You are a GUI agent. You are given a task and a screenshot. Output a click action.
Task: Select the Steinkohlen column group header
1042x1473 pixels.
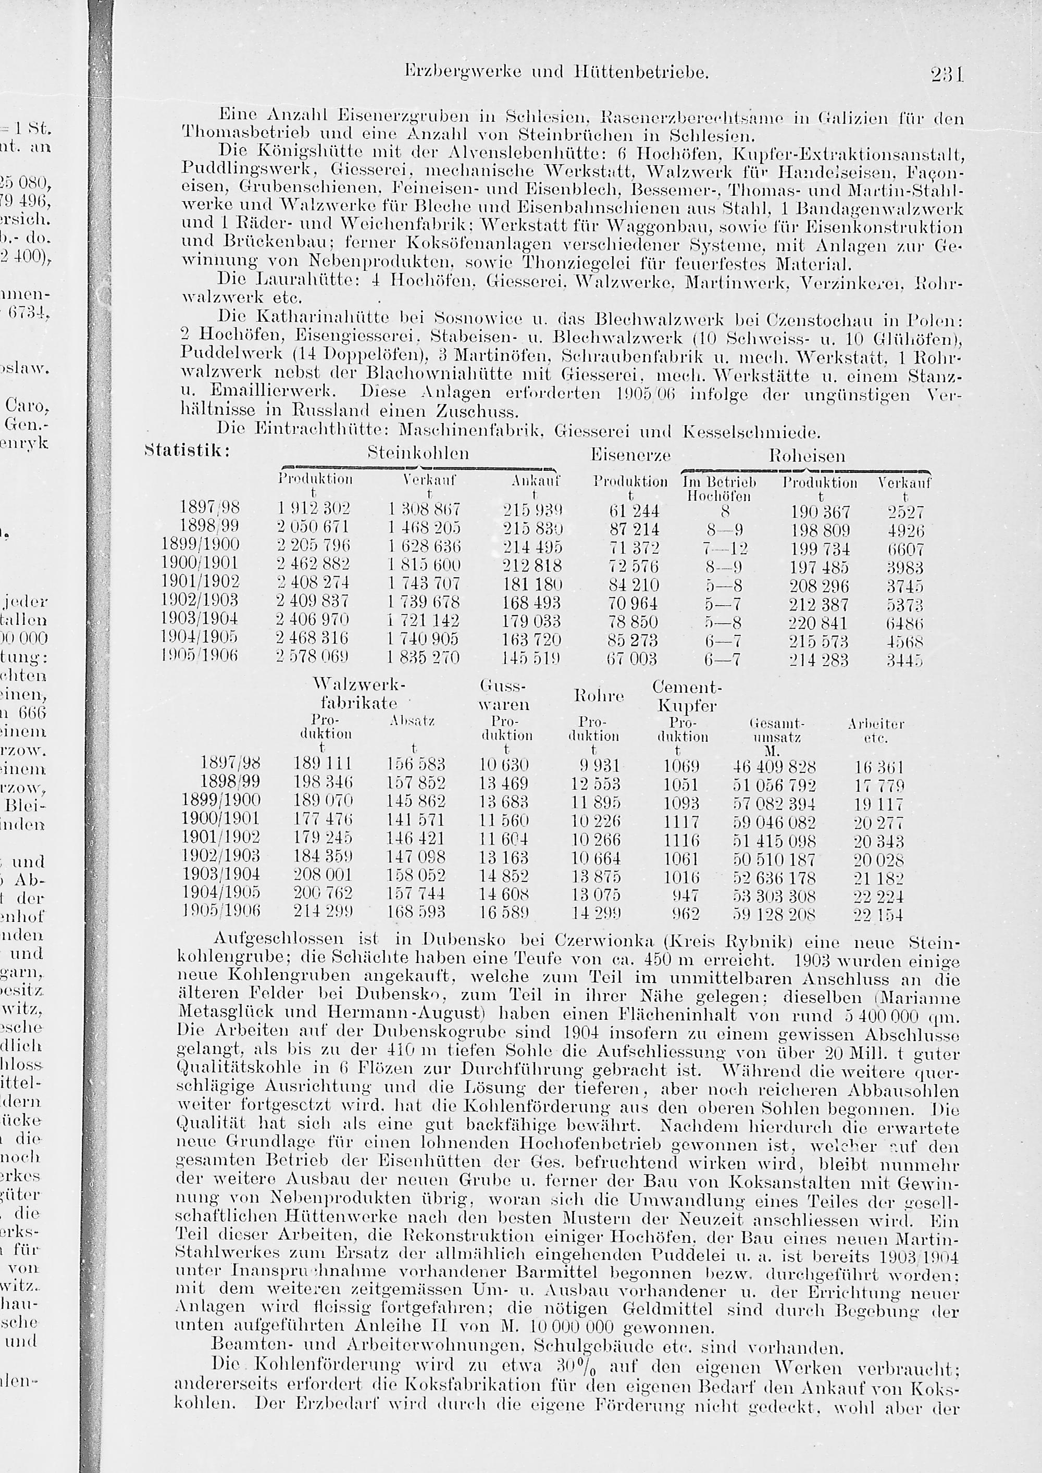[x=418, y=454]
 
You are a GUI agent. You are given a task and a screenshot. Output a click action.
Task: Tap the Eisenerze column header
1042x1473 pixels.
[x=630, y=456]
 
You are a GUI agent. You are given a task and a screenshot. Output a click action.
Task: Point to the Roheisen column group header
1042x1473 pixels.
[x=807, y=456]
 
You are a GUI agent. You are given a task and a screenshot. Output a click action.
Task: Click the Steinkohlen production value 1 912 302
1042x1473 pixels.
[x=314, y=510]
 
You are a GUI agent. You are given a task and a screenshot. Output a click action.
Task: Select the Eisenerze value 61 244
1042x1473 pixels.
[x=632, y=511]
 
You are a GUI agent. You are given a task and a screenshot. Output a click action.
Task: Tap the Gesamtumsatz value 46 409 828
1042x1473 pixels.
[x=774, y=767]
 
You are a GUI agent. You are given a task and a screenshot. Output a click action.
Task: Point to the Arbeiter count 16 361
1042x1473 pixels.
[x=878, y=767]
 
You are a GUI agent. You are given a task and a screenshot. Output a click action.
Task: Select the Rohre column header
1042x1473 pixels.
[x=598, y=695]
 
